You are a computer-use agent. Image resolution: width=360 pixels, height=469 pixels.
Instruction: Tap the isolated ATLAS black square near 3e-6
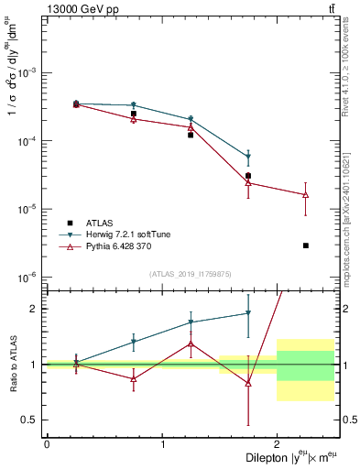[305, 245]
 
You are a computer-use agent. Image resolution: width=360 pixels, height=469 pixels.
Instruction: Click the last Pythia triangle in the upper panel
[305, 194]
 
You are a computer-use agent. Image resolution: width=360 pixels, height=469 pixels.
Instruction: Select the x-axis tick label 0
[47, 443]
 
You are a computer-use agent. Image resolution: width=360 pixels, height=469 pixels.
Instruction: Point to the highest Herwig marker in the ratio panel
[248, 313]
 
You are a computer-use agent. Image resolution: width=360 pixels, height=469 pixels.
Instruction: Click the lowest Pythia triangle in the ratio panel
[248, 384]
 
